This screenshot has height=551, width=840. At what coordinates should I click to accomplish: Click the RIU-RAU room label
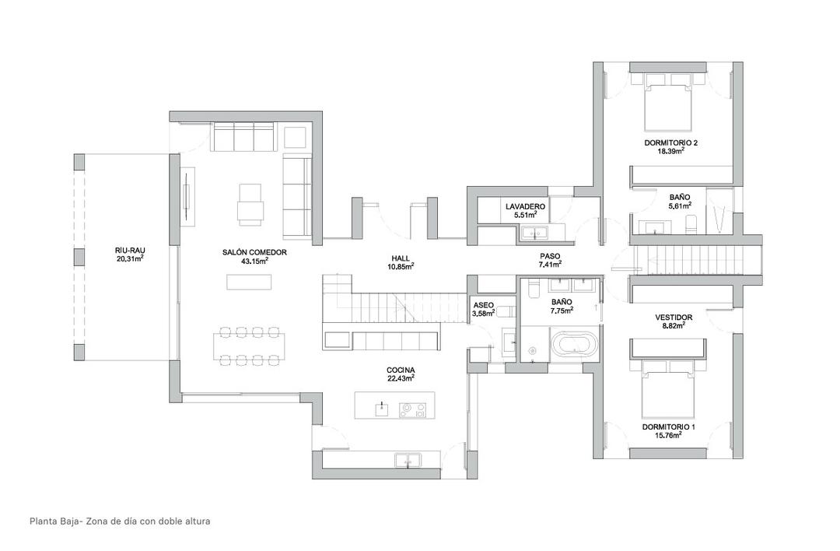pos(130,250)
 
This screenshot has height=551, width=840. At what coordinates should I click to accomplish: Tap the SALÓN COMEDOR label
pos(254,252)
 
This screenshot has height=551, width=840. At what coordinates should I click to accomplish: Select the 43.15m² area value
pos(254,261)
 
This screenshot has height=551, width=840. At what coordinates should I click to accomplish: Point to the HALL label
pos(401,258)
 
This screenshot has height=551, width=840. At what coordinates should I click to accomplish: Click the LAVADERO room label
pos(525,206)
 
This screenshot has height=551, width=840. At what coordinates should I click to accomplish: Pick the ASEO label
pos(482,306)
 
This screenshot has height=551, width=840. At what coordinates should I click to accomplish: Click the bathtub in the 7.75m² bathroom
pos(575,344)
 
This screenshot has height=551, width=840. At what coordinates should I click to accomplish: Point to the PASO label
pos(550,256)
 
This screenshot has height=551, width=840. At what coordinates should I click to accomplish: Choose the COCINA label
pos(401,370)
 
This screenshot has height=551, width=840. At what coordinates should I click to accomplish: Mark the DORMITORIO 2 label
pos(670,142)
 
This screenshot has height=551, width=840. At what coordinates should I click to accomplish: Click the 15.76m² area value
pos(668,435)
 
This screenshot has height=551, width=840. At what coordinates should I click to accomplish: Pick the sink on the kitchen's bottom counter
pos(405,460)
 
